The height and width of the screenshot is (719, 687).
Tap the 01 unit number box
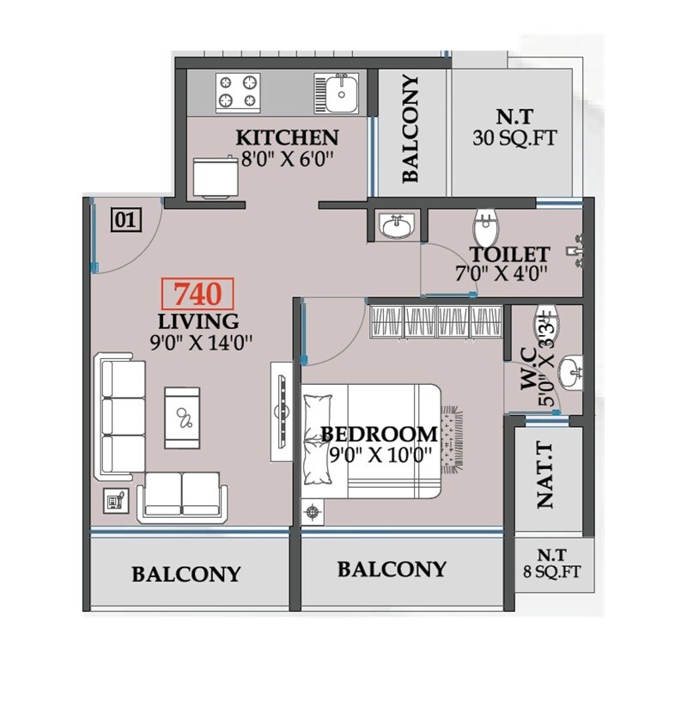click(x=125, y=221)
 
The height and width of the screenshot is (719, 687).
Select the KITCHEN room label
click(x=287, y=137)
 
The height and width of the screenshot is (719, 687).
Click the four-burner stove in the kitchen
click(x=237, y=92)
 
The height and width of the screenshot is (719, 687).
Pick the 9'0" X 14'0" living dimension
click(x=199, y=343)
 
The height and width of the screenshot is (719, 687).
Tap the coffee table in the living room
click(x=183, y=416)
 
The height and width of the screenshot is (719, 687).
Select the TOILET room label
click(x=509, y=254)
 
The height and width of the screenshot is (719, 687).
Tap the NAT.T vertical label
click(x=545, y=476)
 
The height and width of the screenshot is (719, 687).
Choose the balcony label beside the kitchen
click(x=411, y=129)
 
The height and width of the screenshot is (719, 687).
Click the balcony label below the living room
click(x=186, y=574)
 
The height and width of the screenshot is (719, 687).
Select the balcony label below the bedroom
click(x=392, y=569)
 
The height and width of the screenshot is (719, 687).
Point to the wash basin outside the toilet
click(x=397, y=226)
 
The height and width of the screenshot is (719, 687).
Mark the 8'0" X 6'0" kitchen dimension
click(x=287, y=159)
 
